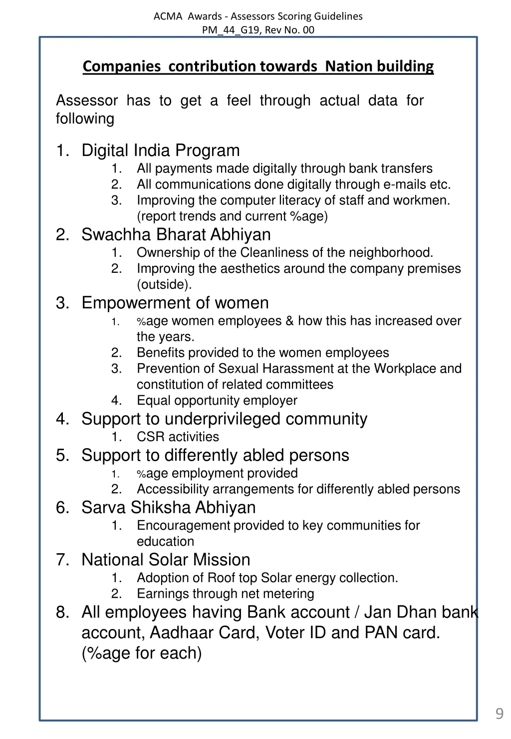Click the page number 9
coord(499,714)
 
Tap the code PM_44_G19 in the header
coord(231,29)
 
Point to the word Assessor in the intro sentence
coord(87,101)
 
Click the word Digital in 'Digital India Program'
coord(105,150)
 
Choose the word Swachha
coord(117,234)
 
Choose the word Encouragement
coord(183,526)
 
